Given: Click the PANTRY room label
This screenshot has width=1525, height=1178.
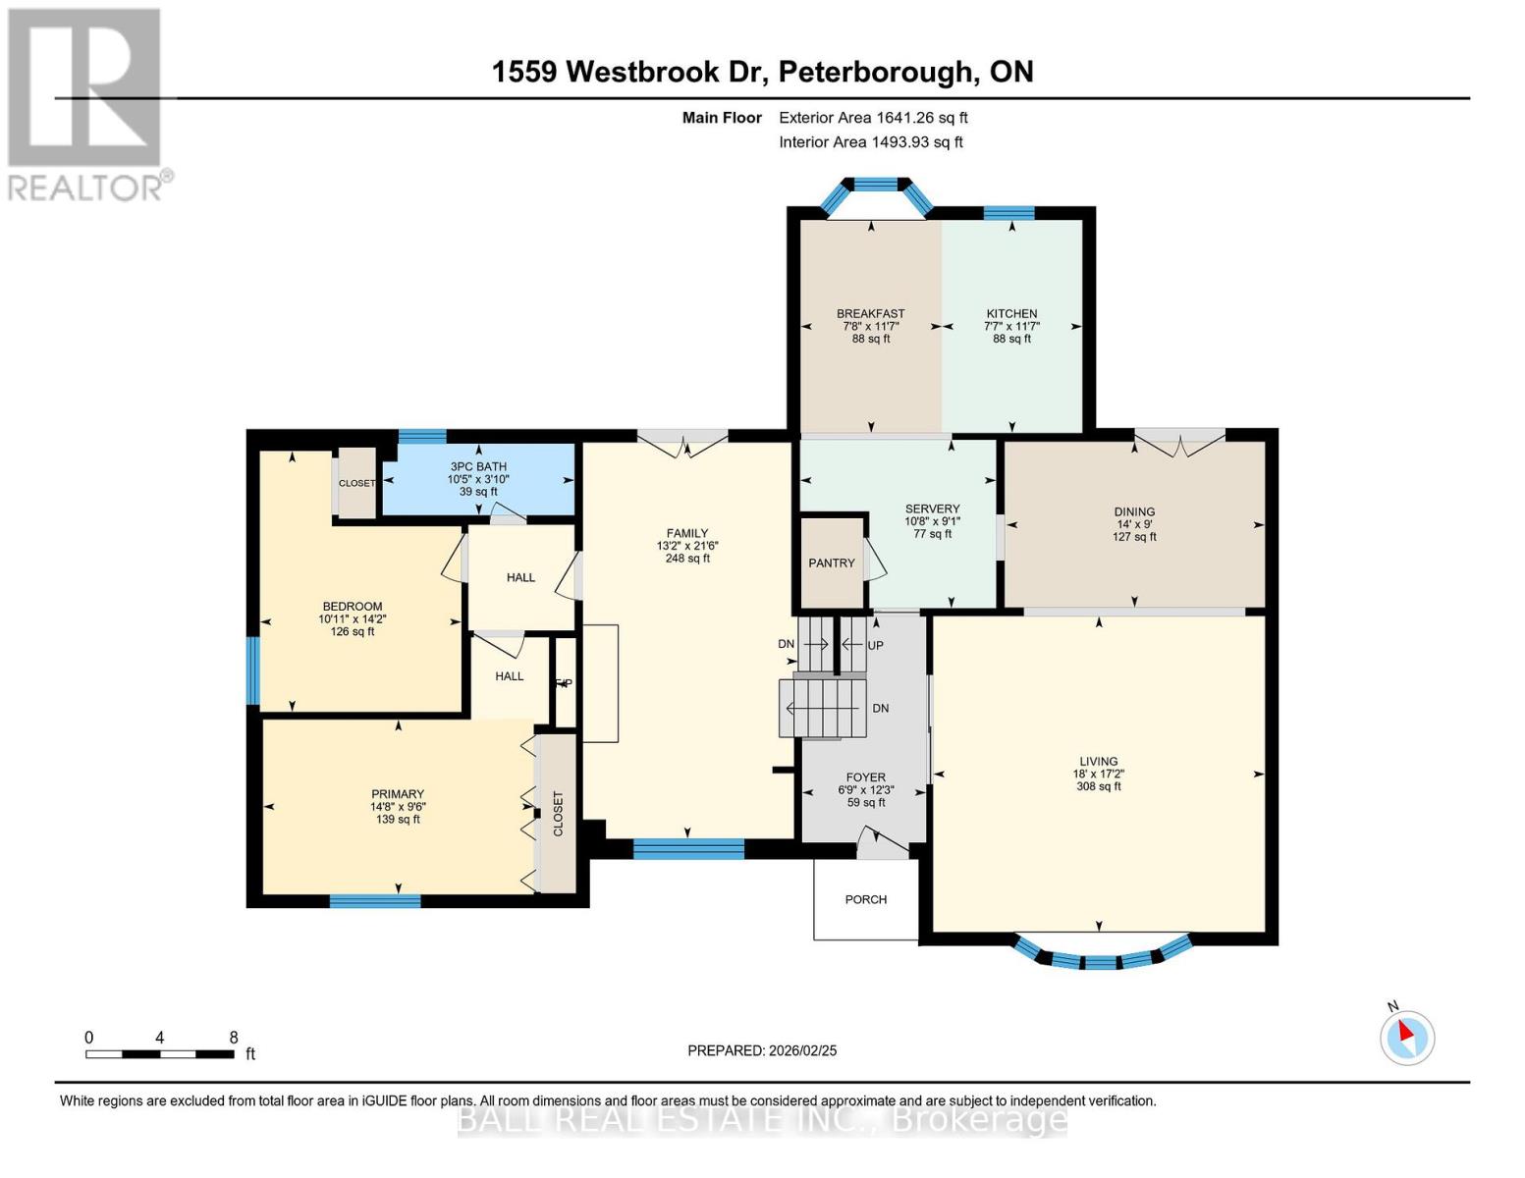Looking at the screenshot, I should [x=831, y=562].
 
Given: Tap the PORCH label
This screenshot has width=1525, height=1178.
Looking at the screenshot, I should [x=865, y=899].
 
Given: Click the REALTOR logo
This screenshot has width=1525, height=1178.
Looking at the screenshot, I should [x=86, y=103].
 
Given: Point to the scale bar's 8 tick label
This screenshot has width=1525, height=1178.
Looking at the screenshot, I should [x=234, y=1038].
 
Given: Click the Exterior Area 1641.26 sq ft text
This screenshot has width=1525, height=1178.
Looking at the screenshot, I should [x=873, y=118].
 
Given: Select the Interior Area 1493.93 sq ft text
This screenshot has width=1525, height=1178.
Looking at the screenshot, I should [x=870, y=142].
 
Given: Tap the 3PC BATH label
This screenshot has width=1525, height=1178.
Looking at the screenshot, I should [x=478, y=466].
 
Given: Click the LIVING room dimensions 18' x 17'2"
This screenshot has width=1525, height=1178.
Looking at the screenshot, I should [x=1098, y=774].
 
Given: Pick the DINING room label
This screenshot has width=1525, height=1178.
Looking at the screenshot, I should [x=1134, y=511].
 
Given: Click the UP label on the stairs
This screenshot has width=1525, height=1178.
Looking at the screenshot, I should [x=875, y=645].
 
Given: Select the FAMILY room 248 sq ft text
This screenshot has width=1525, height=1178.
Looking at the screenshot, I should [x=687, y=559].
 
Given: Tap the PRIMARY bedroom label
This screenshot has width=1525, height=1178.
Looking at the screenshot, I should [x=398, y=794].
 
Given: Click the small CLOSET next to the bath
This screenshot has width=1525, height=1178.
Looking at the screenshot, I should [x=356, y=483].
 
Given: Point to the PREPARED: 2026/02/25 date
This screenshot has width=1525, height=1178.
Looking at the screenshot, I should [x=762, y=1050].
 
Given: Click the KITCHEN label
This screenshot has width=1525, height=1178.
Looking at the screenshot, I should [x=1011, y=314].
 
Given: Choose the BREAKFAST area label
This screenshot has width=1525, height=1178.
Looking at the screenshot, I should [x=871, y=314].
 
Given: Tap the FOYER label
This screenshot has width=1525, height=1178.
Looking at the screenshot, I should [x=865, y=777].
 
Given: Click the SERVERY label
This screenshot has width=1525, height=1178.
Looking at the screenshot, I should [x=932, y=509].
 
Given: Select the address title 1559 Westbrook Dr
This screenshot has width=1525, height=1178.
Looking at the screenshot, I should [x=633, y=72].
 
